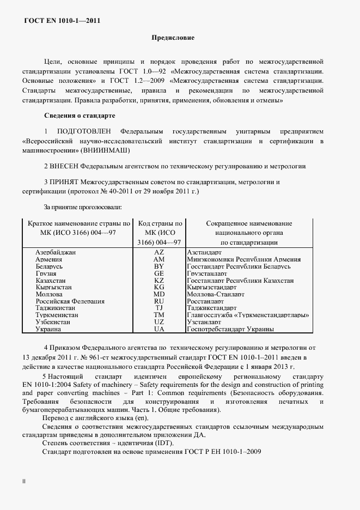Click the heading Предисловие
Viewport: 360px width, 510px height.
coord(172,38)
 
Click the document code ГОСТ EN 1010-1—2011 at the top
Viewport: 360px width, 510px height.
coord(62,21)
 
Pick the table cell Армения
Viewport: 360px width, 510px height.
coord(48,260)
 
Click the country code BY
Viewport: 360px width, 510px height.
coord(159,267)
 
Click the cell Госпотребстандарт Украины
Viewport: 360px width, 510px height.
coord(232,329)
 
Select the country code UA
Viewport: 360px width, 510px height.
coord(159,329)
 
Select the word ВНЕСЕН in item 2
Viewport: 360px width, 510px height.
coord(65,166)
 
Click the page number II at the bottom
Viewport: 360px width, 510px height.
coord(23,482)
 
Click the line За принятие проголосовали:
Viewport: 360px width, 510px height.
coord(82,207)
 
